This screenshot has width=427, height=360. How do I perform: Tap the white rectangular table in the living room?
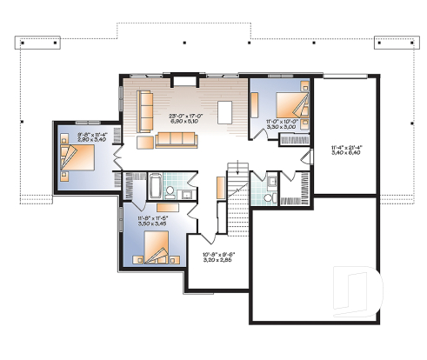point(225,113)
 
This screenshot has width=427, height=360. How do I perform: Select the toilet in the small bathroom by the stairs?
point(271,183)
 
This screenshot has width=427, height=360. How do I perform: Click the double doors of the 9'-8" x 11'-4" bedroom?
point(119,157)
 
